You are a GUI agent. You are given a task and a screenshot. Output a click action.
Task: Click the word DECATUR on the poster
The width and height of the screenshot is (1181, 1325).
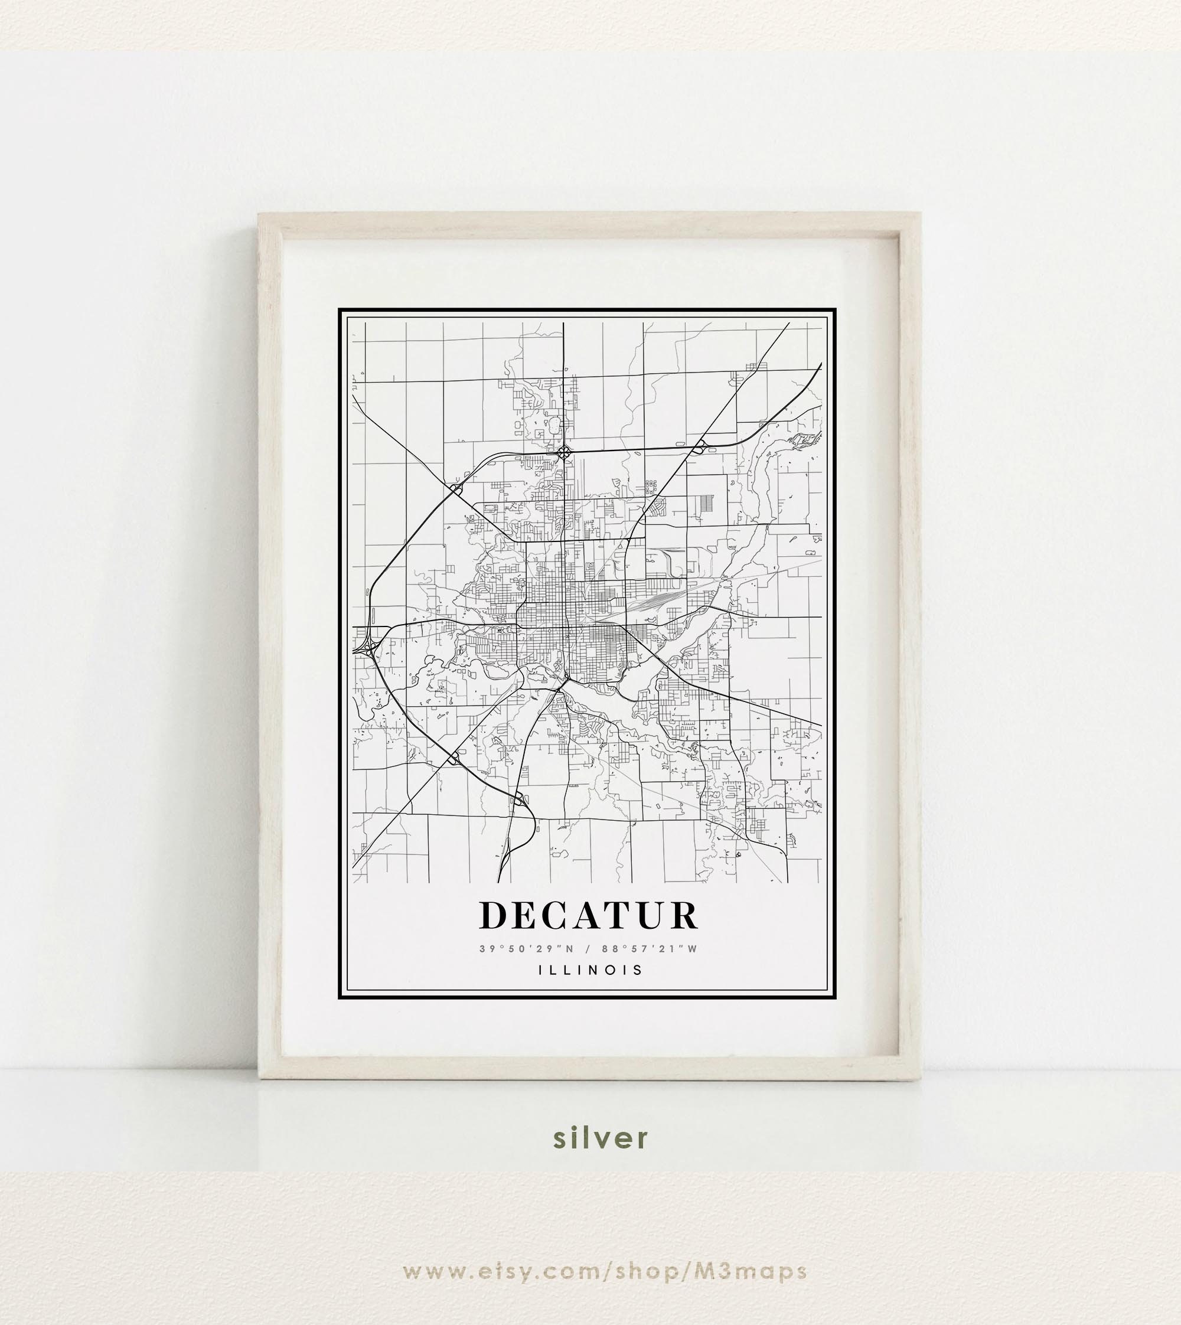(x=589, y=916)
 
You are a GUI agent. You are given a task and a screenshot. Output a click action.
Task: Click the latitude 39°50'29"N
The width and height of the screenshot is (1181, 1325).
(x=526, y=949)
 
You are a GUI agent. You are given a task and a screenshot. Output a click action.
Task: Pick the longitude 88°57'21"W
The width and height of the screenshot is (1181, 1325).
(x=649, y=949)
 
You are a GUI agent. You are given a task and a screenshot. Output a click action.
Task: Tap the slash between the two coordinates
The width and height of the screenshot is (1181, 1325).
(x=588, y=949)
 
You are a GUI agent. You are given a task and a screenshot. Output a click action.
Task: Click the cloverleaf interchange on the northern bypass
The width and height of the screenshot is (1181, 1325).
(x=564, y=451)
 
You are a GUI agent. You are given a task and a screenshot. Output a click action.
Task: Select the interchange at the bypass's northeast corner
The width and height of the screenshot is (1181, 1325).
(x=700, y=447)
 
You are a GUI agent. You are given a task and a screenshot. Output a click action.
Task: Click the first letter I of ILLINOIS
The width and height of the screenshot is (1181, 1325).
(x=540, y=970)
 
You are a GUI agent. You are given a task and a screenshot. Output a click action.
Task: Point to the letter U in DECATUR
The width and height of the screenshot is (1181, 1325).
(x=650, y=916)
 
